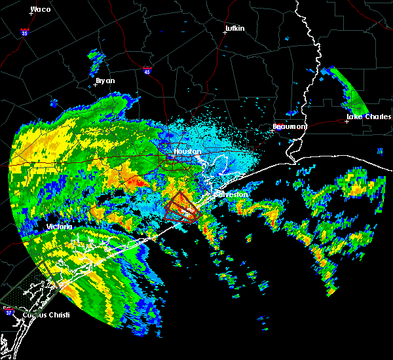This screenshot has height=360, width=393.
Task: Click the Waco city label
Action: tap(41, 9)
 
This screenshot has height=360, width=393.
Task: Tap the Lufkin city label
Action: tap(234, 29)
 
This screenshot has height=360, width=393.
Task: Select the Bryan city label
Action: tap(105, 81)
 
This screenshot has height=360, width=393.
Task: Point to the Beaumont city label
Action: tap(290, 126)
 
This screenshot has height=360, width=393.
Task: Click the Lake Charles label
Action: tap(368, 117)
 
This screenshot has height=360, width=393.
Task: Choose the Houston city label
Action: tap(186, 152)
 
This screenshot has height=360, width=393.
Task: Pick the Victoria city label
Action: tap(60, 226)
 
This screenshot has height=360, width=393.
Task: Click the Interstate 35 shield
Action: tap(24, 31)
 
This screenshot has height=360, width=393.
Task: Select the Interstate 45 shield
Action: tap(147, 69)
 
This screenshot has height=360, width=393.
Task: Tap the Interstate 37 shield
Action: tap(8, 309)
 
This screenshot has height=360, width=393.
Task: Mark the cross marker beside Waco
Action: tap(31, 14)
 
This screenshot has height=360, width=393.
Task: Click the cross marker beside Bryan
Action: tap(97, 86)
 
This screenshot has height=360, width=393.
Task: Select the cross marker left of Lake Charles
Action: tap(346, 121)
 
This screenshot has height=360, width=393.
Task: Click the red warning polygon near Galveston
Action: tap(181, 208)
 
